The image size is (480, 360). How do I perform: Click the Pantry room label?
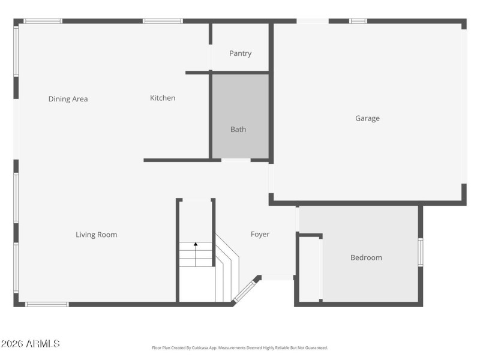coord(240,53)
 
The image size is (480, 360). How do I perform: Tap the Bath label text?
coord(238,129)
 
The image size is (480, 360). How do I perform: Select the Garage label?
coord(367,118)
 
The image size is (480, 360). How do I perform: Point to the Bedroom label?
coord(366,257)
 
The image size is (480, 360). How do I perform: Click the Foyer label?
coord(260,234)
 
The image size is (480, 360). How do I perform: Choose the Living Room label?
coord(96,235)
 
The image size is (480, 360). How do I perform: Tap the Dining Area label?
coord(68,99)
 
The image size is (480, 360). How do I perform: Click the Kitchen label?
coord(163,98)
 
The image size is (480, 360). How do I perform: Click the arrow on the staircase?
coord(196,245)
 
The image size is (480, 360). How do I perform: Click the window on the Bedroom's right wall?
coord(421,252)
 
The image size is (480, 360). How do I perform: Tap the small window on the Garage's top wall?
coord(358,21)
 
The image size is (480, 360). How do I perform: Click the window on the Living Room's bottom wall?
coord(47,304)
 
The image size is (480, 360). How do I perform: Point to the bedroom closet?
coord(310,268)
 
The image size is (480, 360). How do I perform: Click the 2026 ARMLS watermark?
coord(30,344)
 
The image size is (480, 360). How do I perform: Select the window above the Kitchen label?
coord(163,21)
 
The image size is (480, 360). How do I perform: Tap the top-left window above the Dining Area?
coord(43,21)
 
